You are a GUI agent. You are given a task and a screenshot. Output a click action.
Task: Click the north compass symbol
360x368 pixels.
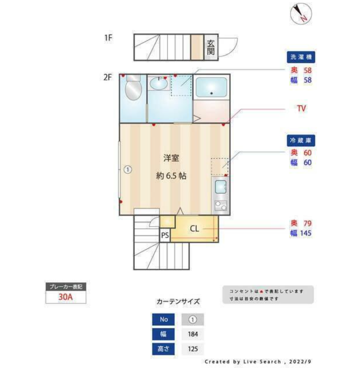tap(301, 13)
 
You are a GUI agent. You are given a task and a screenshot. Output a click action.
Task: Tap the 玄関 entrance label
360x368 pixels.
tap(211, 47)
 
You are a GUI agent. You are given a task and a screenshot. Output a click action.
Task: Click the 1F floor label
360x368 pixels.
tap(108, 37)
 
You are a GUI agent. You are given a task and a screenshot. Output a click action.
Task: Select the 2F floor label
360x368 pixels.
tap(108, 77)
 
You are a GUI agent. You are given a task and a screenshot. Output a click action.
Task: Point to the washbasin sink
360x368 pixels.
tap(159, 83)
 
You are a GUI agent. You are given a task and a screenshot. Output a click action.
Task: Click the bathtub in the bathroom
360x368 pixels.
tap(211, 87)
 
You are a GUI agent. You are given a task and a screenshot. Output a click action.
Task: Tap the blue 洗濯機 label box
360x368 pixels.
tap(301, 57)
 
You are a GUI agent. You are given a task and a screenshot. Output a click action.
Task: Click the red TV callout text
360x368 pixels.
tap(301, 108)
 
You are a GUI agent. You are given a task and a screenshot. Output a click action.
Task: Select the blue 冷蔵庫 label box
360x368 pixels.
tap(301, 140)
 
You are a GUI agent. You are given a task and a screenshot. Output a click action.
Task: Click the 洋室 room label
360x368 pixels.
tap(171, 158)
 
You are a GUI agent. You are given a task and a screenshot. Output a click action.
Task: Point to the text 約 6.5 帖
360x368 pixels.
tap(171, 175)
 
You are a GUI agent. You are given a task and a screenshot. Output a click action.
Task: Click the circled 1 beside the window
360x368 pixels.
tap(128, 169)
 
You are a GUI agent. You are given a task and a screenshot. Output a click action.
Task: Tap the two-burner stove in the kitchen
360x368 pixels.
tap(221, 206)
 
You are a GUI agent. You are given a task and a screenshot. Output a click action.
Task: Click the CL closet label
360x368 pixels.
tap(194, 229)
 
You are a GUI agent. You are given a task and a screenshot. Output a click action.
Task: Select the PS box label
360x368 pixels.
tap(165, 235)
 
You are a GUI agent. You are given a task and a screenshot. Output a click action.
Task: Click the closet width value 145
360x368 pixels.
tap(306, 233)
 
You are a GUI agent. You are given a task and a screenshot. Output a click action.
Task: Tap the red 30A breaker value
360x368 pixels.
tap(66, 297)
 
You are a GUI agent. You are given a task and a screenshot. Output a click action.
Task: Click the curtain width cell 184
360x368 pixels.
tap(192, 334)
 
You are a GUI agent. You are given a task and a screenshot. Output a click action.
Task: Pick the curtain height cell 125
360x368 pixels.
tap(192, 349)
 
